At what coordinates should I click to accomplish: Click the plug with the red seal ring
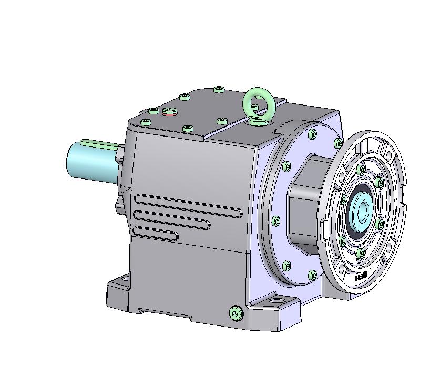click(x=169, y=111)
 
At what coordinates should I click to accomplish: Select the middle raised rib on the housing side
click(x=172, y=220)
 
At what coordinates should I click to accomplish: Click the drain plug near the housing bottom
click(x=237, y=313)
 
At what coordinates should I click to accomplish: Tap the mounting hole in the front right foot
click(x=277, y=302)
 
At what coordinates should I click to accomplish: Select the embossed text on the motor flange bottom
click(x=362, y=277)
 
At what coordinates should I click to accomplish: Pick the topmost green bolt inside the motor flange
click(x=361, y=170)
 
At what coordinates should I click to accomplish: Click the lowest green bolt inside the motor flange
click(x=361, y=254)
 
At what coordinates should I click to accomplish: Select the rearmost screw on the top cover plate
click(x=219, y=90)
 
